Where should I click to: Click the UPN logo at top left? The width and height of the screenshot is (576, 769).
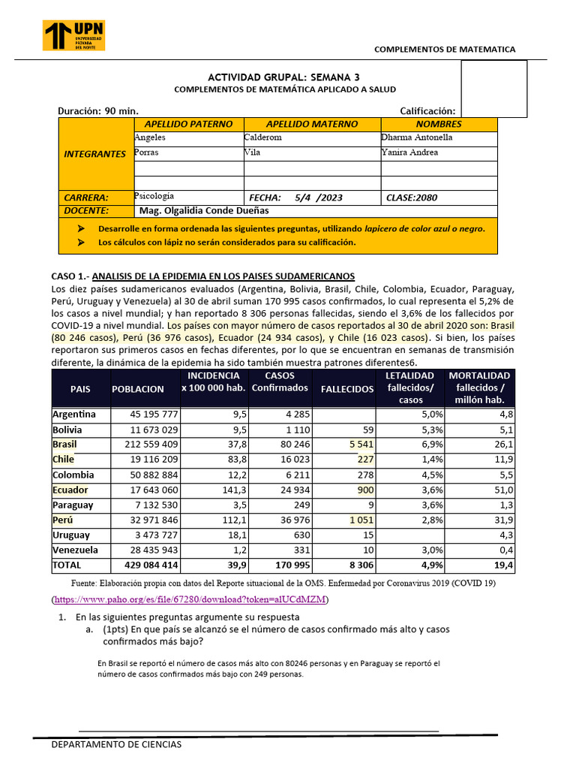[x=74, y=35]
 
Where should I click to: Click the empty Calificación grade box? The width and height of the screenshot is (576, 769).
[x=493, y=89]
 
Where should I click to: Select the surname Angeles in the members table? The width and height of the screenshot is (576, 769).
[x=150, y=137]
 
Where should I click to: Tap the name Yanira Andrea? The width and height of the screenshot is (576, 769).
[x=409, y=152]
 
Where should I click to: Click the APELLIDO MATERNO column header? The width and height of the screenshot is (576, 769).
[x=312, y=124]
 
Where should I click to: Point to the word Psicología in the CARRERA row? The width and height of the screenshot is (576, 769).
[x=154, y=195]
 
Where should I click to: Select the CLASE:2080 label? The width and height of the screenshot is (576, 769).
[x=412, y=198]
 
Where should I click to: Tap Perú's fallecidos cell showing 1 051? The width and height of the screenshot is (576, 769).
[x=360, y=520]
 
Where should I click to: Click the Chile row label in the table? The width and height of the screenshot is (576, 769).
[x=63, y=460]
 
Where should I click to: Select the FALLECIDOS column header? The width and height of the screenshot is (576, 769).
[x=347, y=389]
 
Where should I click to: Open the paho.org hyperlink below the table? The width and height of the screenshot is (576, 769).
[x=190, y=599]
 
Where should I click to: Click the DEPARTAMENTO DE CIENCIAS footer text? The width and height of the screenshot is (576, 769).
[x=115, y=744]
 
